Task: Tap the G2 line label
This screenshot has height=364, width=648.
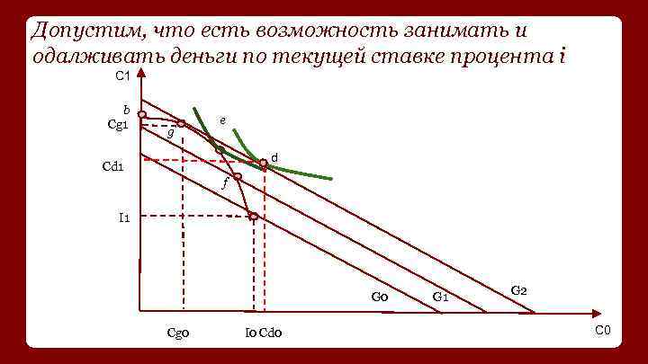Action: tap(519, 290)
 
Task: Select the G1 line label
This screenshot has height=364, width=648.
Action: tap(441, 297)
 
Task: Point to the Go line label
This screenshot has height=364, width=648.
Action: tap(379, 297)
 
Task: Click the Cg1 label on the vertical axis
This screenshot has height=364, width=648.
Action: tap(119, 124)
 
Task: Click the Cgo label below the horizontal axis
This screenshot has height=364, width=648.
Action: tap(177, 333)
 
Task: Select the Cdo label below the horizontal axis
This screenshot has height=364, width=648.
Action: tap(271, 333)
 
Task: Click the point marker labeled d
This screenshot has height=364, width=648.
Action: tap(264, 163)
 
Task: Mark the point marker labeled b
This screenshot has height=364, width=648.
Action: tap(142, 114)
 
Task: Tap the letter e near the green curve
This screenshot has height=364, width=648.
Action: tap(223, 120)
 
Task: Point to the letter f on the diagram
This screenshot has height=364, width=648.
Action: tap(224, 185)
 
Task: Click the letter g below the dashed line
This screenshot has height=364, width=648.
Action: tap(170, 133)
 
